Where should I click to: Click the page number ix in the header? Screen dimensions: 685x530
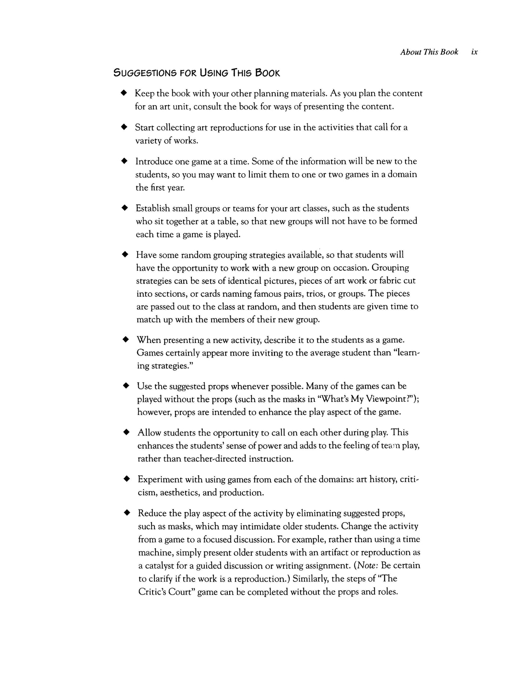475,52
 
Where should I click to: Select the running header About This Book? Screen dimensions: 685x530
429,52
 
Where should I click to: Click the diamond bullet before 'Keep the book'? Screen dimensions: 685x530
124,93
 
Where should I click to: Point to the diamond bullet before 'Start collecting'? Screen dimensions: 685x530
124,127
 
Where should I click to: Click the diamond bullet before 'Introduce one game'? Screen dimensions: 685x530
124,161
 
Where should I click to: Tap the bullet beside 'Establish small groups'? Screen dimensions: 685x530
125,208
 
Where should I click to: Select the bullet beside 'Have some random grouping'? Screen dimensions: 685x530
125,254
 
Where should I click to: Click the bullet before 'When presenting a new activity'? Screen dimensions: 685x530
125,340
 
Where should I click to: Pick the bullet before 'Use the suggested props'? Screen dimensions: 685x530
126,386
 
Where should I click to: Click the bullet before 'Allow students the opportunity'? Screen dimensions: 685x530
126,432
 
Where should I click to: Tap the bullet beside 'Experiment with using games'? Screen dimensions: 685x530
127,479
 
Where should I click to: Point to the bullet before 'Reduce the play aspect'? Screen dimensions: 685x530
127,513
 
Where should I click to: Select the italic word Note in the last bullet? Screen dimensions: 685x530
365,565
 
